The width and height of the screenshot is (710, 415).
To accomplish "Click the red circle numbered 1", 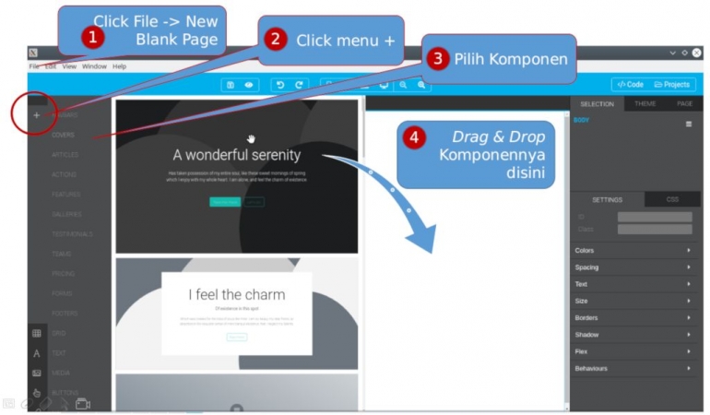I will [91, 38].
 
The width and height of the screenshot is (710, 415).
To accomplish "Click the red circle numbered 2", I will [274, 40].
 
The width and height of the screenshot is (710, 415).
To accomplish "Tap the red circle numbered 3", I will [439, 58].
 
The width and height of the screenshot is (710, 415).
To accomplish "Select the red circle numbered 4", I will [416, 138].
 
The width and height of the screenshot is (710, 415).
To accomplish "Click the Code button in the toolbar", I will [631, 84].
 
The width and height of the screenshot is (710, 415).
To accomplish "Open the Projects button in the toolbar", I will [672, 84].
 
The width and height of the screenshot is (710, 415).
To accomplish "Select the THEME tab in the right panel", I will [645, 104].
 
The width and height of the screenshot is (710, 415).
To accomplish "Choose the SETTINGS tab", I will [607, 199].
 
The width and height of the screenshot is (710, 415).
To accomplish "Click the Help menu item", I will [120, 66].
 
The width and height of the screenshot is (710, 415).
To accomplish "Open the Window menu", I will [94, 66].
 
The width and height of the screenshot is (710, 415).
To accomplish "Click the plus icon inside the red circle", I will [36, 115].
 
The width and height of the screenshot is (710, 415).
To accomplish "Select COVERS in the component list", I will [64, 135].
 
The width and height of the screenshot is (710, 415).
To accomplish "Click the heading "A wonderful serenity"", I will [236, 155].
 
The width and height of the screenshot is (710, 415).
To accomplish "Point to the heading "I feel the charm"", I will [237, 294].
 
